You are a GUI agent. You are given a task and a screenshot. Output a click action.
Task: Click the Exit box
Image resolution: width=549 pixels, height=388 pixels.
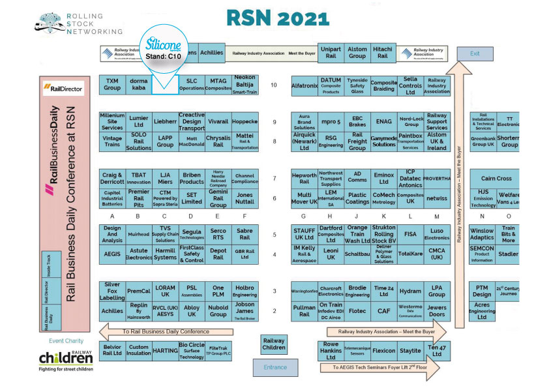pos(474,53)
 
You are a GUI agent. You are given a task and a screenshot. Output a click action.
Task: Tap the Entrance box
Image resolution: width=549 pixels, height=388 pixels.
pos(275,367)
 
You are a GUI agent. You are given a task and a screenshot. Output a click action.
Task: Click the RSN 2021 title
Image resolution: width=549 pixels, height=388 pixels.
pos(278,18)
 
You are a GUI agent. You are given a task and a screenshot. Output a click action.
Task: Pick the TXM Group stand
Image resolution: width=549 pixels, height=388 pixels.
pos(112,84)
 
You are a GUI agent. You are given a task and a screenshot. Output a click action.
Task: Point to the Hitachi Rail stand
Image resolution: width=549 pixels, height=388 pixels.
pos(383,53)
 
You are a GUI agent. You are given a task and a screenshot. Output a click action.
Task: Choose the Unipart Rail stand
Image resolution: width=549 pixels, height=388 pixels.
pos(330,53)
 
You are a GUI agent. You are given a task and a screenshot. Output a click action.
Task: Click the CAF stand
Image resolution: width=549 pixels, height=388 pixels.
pos(384,311)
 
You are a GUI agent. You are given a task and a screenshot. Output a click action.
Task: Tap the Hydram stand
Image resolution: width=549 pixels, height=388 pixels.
pos(410,291)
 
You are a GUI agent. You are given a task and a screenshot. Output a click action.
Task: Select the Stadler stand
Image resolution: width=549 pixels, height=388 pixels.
pos(508,254)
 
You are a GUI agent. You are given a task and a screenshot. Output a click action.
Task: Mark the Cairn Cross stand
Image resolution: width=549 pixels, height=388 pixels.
pos(496,178)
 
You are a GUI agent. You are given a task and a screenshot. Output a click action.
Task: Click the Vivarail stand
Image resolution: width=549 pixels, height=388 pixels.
pos(218,121)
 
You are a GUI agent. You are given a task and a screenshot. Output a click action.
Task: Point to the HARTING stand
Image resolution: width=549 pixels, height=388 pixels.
pos(165,351)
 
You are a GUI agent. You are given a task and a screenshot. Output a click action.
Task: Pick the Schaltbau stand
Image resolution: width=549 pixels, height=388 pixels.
pos(357,254)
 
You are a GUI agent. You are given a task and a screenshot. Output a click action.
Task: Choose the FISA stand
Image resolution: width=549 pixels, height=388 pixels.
pos(410,234)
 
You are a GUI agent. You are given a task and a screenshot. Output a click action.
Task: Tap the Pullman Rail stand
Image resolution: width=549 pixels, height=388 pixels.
pos(304,311)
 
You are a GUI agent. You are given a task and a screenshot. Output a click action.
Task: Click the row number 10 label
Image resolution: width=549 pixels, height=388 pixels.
pos(274,85)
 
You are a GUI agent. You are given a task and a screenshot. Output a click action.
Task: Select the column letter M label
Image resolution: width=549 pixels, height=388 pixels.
pos(437,216)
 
